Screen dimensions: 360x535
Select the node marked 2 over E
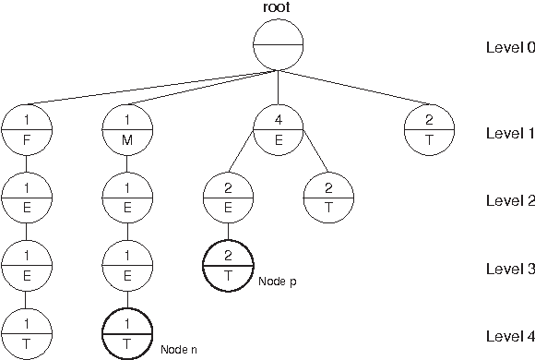coord(228,199)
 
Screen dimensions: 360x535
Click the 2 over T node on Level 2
coord(329,199)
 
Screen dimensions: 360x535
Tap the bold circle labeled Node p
coord(228,266)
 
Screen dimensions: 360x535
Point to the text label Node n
coord(178,349)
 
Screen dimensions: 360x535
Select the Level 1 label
coord(509,133)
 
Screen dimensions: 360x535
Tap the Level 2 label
coord(509,200)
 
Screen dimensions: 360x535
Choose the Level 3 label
coord(509,268)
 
